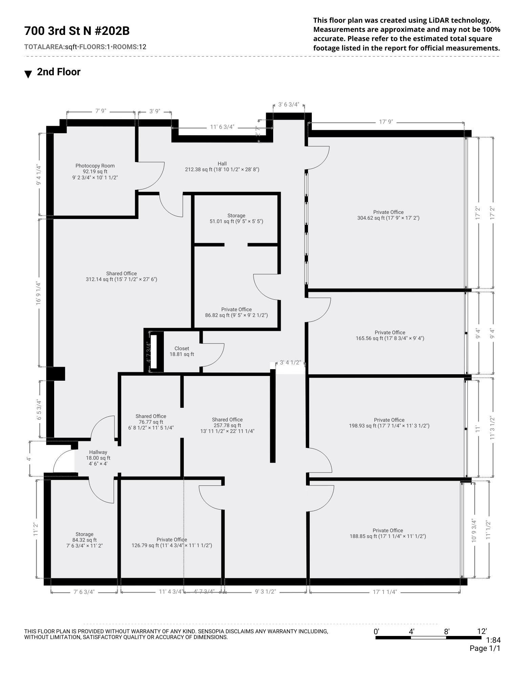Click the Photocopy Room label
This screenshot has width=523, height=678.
[x=95, y=172]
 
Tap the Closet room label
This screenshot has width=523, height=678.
[x=182, y=351]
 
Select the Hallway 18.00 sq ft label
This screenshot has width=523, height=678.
[x=98, y=458]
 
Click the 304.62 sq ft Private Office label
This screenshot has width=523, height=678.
[x=388, y=215]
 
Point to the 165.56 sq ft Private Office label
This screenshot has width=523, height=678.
[x=390, y=335]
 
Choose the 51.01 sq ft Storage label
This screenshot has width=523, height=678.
[x=236, y=218]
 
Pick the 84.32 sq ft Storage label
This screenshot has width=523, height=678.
[x=84, y=540]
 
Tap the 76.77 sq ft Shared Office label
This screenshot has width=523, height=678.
[x=151, y=422]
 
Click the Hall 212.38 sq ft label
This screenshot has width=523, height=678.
[x=222, y=166]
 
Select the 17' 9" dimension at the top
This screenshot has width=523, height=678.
[x=386, y=122]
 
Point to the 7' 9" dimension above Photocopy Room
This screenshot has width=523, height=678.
[x=101, y=111]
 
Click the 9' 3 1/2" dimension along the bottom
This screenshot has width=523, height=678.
[x=265, y=592]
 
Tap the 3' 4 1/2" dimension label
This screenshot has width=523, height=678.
[x=290, y=362]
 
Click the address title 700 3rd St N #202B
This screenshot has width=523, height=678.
[x=77, y=31]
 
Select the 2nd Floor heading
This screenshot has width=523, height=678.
[x=59, y=72]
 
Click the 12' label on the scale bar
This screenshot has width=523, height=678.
[x=482, y=631]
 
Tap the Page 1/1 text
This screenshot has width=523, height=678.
[x=485, y=649]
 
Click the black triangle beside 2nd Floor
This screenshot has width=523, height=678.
[x=28, y=74]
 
